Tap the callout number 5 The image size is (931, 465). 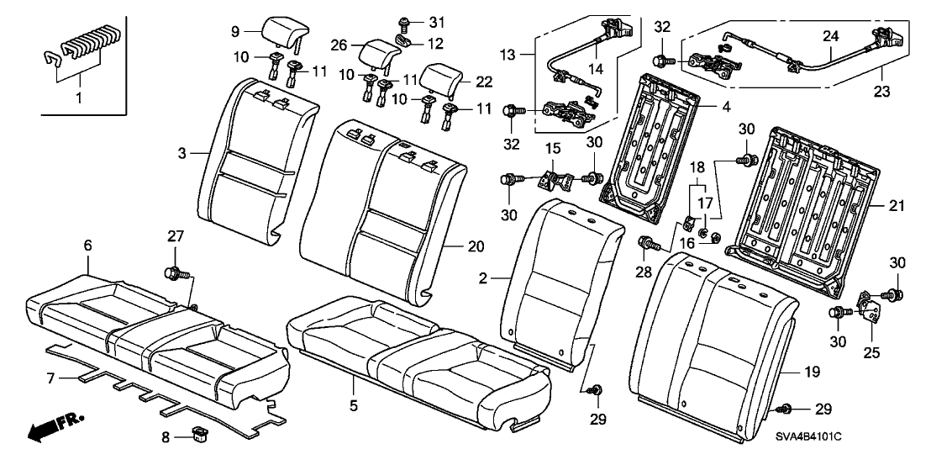(x=354, y=406)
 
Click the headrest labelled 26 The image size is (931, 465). (x=377, y=55)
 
